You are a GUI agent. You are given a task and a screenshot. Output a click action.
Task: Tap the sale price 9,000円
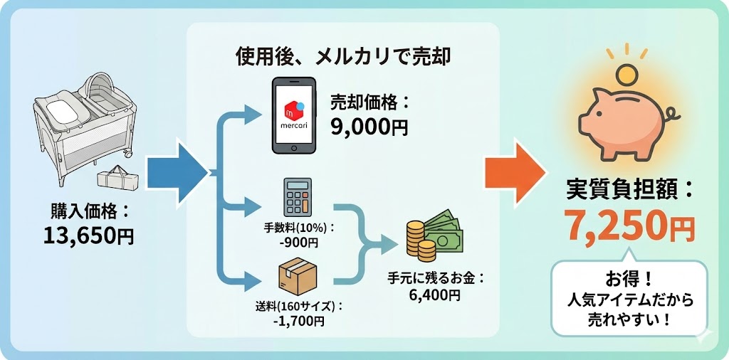pyautogui.click(x=369, y=127)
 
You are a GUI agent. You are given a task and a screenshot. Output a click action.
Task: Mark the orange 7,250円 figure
pyautogui.click(x=629, y=227)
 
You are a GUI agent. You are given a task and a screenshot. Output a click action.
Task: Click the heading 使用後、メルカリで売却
pyautogui.click(x=343, y=57)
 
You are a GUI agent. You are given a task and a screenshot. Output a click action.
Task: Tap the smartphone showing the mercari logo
pyautogui.click(x=294, y=116)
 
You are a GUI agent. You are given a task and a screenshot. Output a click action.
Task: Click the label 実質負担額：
pyautogui.click(x=629, y=189)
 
